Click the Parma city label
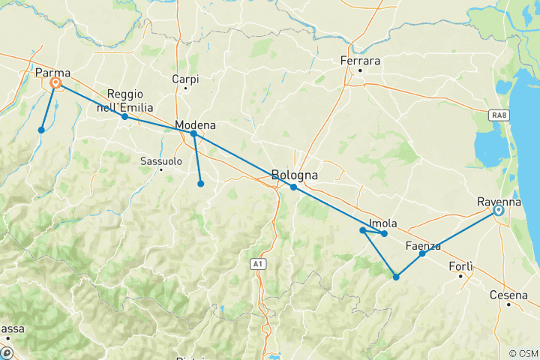52,73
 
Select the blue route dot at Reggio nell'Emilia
124,116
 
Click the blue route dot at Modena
193,133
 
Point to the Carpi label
185,78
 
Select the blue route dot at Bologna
294,187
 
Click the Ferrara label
360,61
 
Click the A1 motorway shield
257,263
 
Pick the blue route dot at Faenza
422,253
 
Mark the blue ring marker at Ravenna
498,211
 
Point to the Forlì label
461,266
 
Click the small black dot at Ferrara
360,71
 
